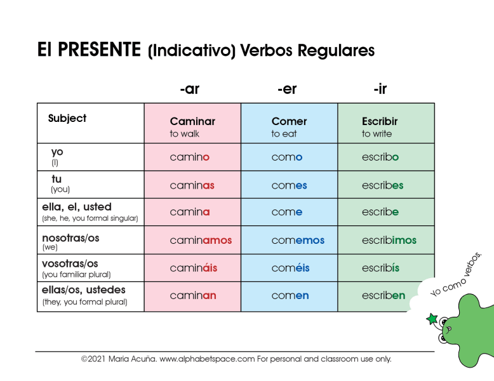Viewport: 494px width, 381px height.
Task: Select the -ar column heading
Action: (189, 89)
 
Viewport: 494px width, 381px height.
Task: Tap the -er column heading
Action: (287, 89)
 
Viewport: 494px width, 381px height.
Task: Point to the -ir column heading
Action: (380, 89)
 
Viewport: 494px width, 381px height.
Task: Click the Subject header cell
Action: (67, 118)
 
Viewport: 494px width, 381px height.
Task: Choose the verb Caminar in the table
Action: (192, 121)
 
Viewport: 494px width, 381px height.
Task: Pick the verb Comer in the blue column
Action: (289, 121)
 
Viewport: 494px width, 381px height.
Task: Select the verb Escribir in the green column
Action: (380, 121)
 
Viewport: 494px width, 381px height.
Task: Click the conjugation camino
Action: (189, 157)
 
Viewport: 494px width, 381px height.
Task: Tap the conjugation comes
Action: (289, 185)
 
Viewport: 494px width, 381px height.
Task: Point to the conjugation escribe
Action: (380, 212)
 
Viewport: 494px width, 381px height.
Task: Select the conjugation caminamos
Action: (201, 241)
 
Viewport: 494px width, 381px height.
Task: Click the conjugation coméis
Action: (290, 268)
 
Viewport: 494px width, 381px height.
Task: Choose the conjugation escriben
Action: (384, 295)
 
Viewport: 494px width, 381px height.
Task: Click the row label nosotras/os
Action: (70, 237)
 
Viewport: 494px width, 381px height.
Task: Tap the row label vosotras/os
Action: (70, 263)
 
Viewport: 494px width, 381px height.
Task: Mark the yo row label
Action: (57, 152)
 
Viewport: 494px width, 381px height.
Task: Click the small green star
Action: (432, 319)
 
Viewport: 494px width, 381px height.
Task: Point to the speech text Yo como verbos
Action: (456, 274)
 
